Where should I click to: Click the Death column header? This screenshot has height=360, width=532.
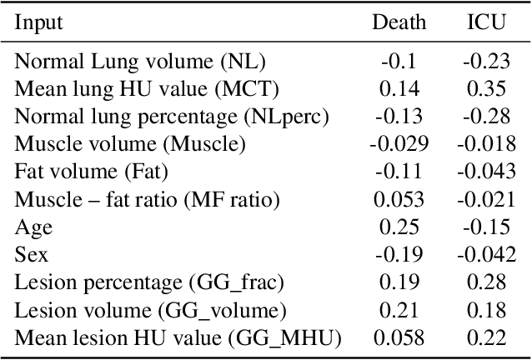(x=399, y=22)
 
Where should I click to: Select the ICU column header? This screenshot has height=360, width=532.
(x=486, y=22)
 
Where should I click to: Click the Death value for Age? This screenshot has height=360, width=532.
(x=399, y=227)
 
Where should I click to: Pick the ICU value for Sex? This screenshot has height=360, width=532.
(x=486, y=254)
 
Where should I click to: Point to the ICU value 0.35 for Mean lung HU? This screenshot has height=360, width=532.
(x=486, y=88)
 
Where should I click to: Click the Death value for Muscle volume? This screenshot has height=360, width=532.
(x=399, y=144)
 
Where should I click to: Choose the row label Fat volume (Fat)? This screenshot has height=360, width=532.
(x=92, y=172)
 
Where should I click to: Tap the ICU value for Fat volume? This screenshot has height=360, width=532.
(x=486, y=172)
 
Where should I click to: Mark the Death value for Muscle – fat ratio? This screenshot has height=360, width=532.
(x=399, y=199)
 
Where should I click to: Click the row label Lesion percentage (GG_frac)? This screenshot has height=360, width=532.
(x=149, y=282)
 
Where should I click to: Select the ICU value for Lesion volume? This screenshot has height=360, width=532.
(x=486, y=310)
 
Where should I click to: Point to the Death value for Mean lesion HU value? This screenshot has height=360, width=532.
(x=399, y=337)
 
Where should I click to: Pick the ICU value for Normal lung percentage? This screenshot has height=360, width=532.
(x=486, y=116)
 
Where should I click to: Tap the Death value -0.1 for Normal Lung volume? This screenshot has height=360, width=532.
(x=399, y=61)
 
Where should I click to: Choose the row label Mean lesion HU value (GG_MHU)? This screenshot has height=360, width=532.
(x=178, y=337)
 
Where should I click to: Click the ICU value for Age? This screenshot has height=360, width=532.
(x=486, y=227)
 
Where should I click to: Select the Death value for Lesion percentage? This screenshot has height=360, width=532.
(x=399, y=282)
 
